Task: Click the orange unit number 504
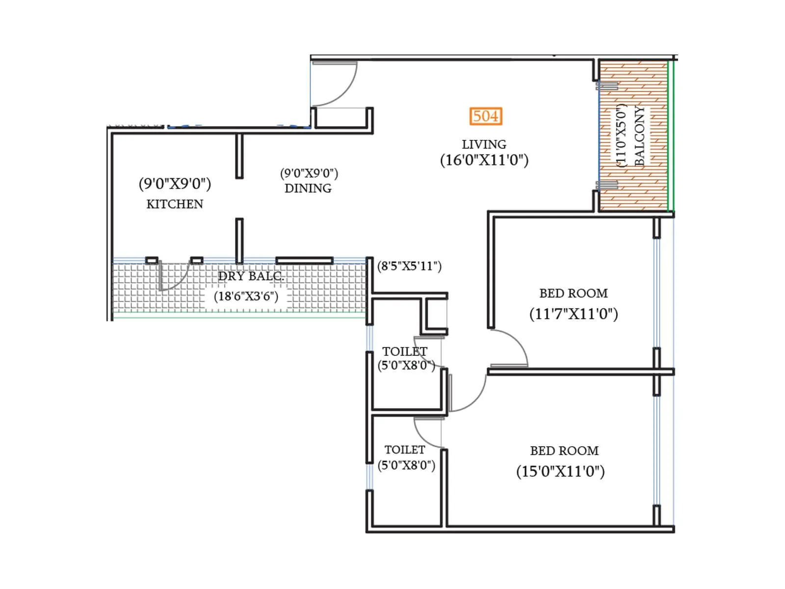click(485, 116)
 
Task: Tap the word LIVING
click(484, 144)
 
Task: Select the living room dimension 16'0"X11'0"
click(484, 161)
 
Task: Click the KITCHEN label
click(175, 204)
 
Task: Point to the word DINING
click(308, 188)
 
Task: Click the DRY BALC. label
click(251, 276)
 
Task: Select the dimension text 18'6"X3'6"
click(246, 296)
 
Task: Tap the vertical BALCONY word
click(640, 136)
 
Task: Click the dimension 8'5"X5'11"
click(409, 266)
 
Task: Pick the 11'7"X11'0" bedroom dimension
click(574, 314)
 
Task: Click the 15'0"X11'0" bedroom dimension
click(560, 472)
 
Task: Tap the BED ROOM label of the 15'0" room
click(564, 451)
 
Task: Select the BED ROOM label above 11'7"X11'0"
click(574, 293)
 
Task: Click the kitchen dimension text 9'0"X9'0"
click(175, 184)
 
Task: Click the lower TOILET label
click(405, 450)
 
